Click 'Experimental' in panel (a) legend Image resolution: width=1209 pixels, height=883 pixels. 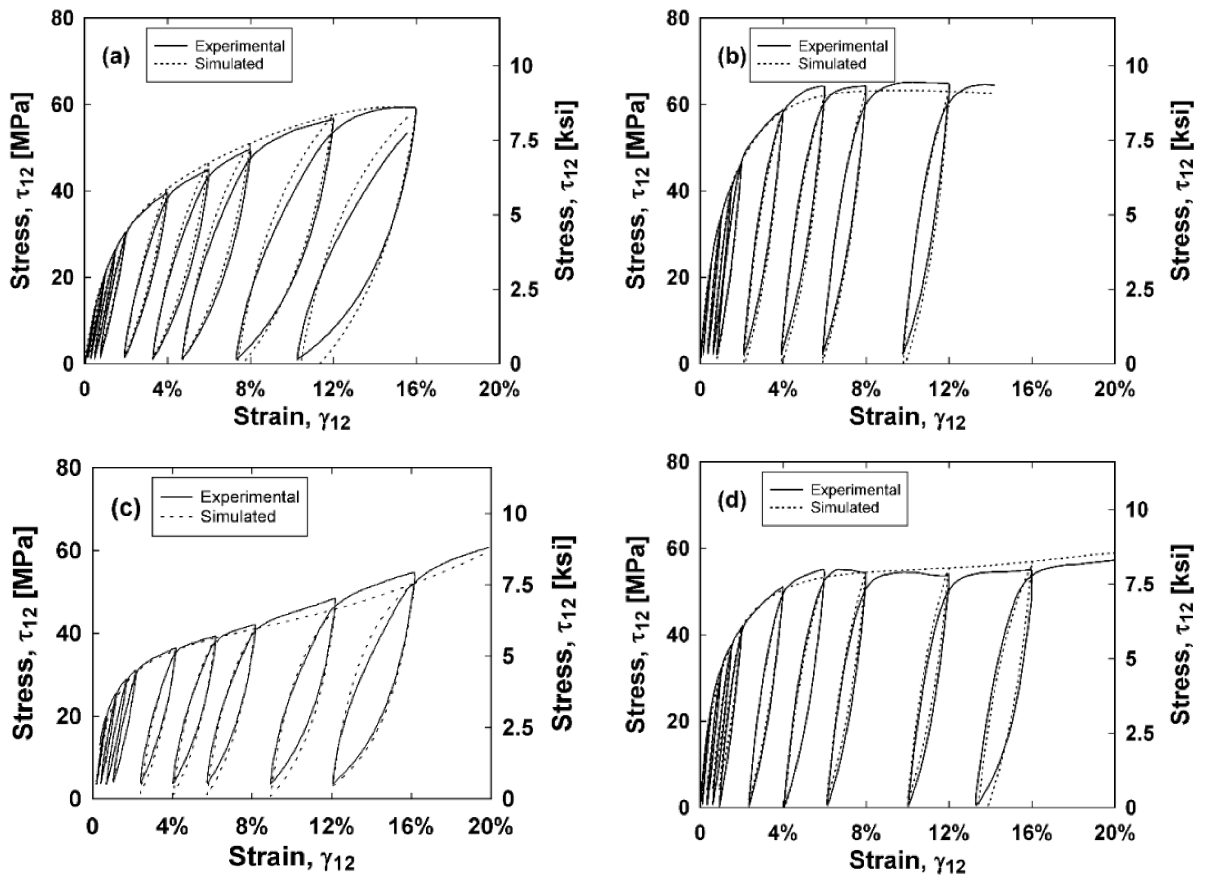coord(247,46)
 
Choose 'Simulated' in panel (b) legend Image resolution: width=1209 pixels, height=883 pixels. coord(832,64)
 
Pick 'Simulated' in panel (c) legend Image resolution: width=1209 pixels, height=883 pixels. coord(238,516)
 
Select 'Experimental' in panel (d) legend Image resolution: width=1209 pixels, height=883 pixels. coord(855,490)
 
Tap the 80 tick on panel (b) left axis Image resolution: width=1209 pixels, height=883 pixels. coord(677,19)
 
